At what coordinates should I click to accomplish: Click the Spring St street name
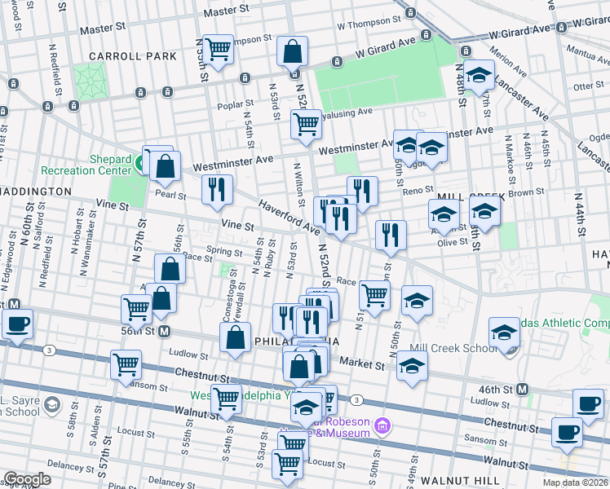point(225,252)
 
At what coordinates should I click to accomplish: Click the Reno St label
point(416,191)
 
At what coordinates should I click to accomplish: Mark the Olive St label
point(452,242)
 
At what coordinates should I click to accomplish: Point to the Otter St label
point(587,86)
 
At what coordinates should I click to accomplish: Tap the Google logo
point(27,479)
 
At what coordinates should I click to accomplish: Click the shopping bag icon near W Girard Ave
point(292,52)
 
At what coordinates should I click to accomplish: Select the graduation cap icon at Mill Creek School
point(505,333)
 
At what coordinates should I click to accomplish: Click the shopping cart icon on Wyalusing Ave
point(306,125)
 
